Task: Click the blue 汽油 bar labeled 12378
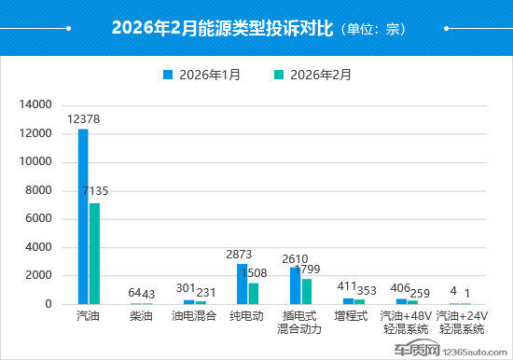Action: pos(83,216)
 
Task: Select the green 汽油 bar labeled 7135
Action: pos(94,254)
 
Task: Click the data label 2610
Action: pos(295,258)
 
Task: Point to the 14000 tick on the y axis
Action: pos(35,105)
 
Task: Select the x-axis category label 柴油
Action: pos(142,316)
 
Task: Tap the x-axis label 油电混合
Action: pos(195,316)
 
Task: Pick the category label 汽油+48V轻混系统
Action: pos(407,322)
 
